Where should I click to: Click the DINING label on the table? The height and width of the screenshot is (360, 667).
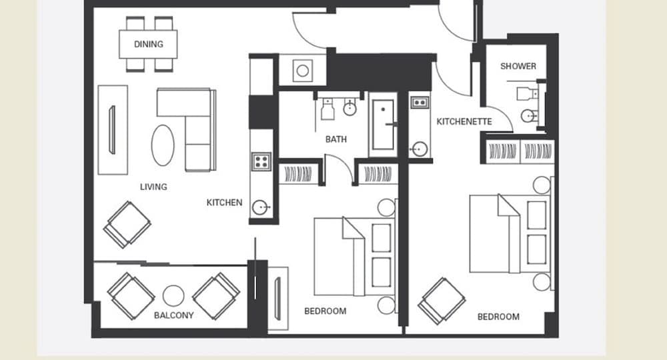(148, 45)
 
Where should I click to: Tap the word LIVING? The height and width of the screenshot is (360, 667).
(153, 187)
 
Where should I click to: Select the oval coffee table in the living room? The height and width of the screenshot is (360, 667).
(164, 145)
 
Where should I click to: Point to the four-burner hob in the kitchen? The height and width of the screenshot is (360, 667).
(261, 161)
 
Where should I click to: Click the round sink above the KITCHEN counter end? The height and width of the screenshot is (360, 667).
(261, 208)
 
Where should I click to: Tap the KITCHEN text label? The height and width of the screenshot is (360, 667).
(224, 202)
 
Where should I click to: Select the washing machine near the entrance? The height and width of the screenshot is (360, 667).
(302, 70)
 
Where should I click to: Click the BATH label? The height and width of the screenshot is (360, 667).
(336, 139)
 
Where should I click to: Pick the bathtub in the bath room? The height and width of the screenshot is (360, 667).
(383, 125)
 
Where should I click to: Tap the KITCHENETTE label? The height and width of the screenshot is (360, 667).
(464, 121)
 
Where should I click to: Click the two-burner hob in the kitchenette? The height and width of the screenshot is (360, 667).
(420, 103)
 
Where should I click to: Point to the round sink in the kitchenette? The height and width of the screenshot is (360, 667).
(420, 149)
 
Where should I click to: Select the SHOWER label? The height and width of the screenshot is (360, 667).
(518, 66)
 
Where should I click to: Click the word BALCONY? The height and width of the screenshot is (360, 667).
(173, 315)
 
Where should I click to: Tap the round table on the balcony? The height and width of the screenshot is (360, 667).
(174, 295)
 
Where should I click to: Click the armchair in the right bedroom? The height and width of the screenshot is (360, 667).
(442, 300)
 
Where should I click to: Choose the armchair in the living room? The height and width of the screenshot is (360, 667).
(127, 224)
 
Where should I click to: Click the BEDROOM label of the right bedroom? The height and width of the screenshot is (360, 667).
(498, 317)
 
